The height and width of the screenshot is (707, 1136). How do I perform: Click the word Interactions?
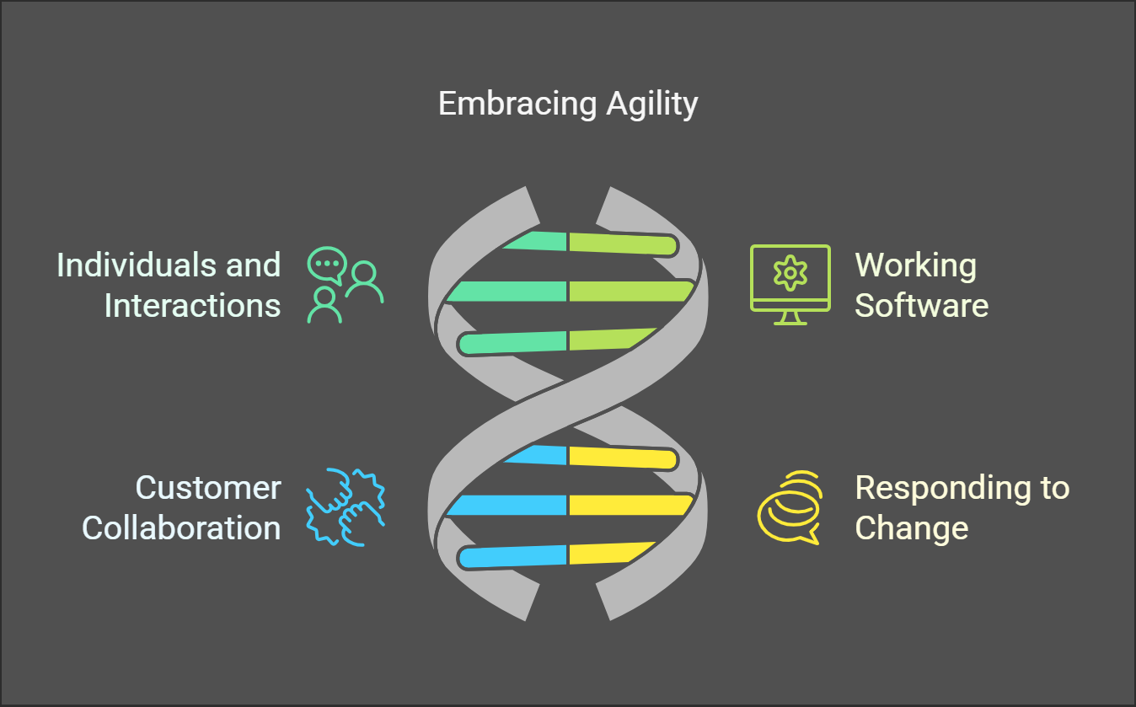[192, 305]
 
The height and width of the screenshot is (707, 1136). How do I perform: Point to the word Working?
[915, 265]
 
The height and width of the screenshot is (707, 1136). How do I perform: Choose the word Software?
[921, 305]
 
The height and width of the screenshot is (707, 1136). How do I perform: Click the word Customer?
[208, 488]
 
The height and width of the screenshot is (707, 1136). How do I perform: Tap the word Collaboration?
[181, 528]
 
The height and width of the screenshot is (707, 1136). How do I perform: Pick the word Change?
[911, 528]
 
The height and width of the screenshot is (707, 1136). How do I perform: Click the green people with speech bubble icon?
[345, 286]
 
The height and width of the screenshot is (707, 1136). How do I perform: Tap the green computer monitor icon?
[790, 285]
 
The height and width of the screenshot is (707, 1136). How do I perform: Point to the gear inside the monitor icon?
[790, 274]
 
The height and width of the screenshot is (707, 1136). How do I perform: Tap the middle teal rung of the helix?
[510, 292]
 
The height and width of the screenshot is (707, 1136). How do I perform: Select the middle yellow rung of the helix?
[628, 506]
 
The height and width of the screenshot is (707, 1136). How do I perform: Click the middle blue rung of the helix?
[510, 506]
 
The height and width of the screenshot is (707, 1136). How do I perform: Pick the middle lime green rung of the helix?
[628, 292]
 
